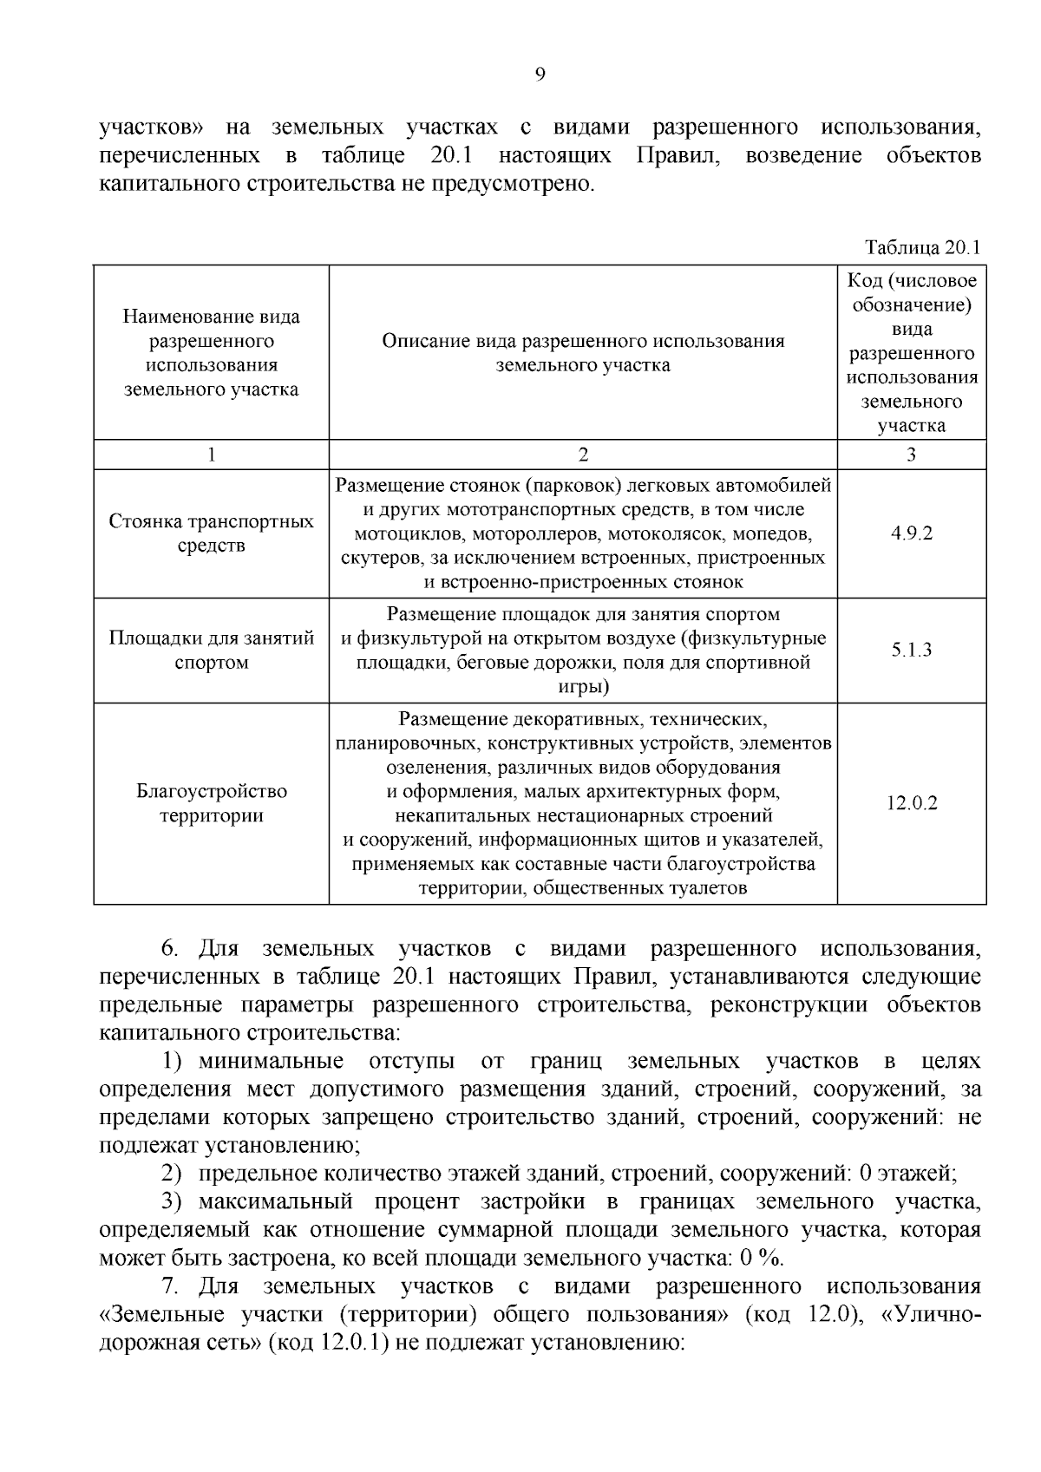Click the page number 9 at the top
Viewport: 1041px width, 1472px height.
[540, 75]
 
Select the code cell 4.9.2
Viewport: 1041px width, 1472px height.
[911, 533]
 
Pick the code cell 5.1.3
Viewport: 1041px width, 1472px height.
[911, 650]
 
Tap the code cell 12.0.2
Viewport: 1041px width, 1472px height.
[911, 803]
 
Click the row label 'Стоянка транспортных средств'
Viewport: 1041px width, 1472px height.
[211, 533]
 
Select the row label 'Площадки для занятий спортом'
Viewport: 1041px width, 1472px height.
[211, 650]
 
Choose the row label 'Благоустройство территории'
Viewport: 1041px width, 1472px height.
[211, 803]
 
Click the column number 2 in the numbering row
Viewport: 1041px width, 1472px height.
[582, 455]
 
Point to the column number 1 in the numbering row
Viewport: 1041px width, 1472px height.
[211, 455]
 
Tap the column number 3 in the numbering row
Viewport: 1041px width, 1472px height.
[911, 455]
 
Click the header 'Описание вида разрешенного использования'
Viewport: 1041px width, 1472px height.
[582, 352]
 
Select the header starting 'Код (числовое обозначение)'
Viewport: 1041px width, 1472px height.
[911, 352]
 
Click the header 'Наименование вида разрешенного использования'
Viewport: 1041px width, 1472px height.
[211, 352]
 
